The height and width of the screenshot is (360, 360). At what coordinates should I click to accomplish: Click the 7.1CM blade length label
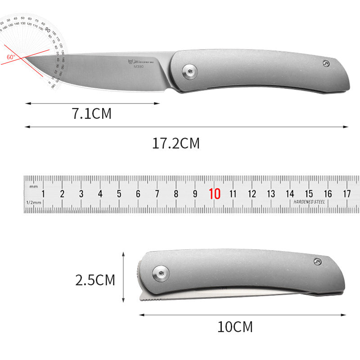coord(91,114)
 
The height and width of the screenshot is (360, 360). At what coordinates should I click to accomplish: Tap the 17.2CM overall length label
coord(175,144)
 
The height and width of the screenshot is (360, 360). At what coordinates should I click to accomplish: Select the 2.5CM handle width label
coord(95,280)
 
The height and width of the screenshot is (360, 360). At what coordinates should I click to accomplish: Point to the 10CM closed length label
coord(235,327)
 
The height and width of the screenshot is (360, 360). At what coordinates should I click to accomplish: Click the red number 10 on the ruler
coord(215,194)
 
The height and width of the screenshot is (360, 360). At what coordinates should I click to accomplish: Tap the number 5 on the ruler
coord(119,194)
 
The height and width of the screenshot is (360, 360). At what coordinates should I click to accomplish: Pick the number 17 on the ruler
coord(346,194)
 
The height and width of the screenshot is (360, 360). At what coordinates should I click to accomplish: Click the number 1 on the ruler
coord(43,194)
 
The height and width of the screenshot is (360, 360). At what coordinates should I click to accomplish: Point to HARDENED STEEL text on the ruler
coord(309,202)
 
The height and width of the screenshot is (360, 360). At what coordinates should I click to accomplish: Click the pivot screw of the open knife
coord(189,70)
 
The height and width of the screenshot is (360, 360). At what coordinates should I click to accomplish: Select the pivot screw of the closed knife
coord(161,271)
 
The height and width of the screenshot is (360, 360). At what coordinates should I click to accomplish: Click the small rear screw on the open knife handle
coord(326,63)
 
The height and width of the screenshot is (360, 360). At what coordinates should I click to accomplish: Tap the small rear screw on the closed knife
coord(318,261)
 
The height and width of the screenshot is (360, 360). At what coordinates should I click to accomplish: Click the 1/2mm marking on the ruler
coord(33,202)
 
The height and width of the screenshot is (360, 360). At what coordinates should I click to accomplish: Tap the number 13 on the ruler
coord(271,194)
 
